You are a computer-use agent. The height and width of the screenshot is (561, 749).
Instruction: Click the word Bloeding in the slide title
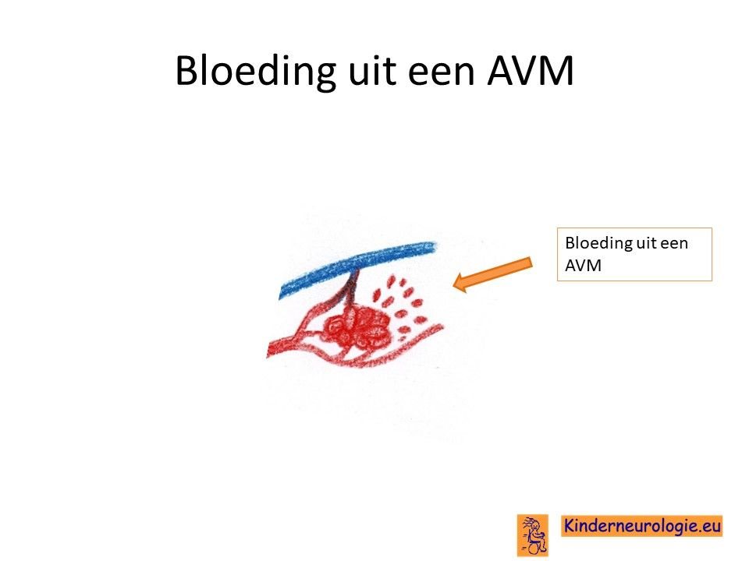point(256,72)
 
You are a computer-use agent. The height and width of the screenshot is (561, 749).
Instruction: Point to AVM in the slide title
point(531,71)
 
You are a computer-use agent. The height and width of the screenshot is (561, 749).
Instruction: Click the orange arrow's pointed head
point(454,283)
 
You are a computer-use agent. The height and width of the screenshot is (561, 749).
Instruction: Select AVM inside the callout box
point(583,265)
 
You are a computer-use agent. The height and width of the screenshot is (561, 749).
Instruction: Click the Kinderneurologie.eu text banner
point(641,526)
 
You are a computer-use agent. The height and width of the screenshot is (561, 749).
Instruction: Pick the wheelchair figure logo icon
point(532,535)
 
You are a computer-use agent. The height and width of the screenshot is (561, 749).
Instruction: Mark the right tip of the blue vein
point(435,247)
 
